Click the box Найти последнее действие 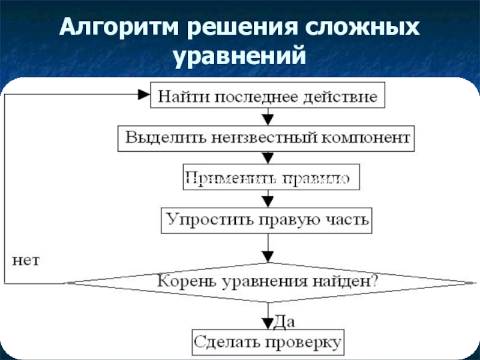click(267, 95)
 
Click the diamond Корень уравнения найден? click(267, 280)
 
